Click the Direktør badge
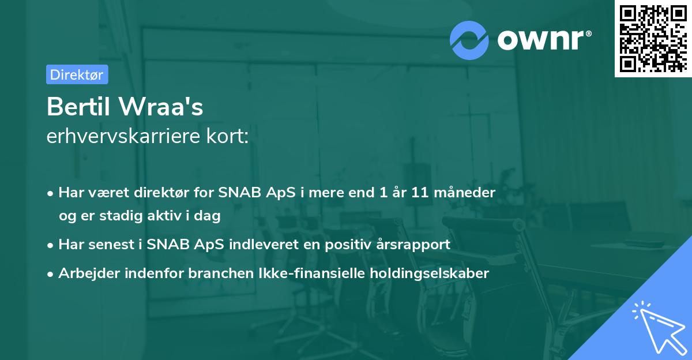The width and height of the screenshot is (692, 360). (77, 74)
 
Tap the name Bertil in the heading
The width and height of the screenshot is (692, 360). (81, 107)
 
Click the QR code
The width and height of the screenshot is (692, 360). (653, 38)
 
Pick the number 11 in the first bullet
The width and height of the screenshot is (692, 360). (419, 193)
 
